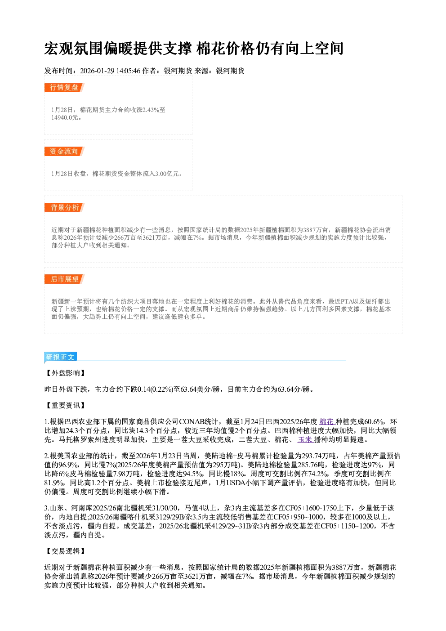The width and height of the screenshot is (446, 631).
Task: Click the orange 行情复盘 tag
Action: tap(64, 87)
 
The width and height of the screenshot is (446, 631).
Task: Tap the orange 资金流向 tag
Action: tap(64, 151)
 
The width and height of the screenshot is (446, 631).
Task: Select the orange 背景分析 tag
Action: tap(64, 208)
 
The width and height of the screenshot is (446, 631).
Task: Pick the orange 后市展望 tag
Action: tap(64, 279)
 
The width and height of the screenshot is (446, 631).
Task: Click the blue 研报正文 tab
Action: tap(60, 357)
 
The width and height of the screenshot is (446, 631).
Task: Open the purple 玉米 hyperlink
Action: tap(305, 440)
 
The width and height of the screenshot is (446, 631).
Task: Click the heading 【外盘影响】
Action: tap(65, 373)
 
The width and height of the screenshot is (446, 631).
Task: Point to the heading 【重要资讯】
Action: tap(65, 406)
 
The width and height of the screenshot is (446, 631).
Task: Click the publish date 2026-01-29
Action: tap(97, 71)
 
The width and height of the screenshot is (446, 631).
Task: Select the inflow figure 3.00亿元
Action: tap(167, 174)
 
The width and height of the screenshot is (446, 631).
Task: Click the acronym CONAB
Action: tap(192, 422)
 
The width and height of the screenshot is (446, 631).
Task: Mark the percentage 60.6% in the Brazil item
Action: tap(374, 422)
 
